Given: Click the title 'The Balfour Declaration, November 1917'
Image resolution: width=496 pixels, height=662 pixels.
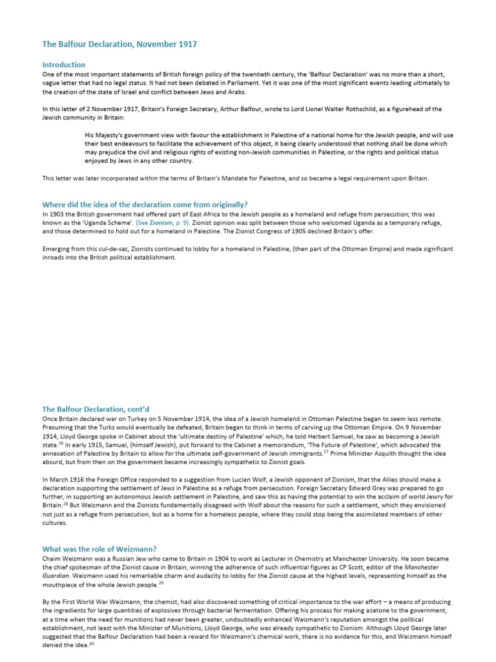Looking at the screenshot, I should point(119,44).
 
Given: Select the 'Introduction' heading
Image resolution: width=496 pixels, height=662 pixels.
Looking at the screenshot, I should point(63,65).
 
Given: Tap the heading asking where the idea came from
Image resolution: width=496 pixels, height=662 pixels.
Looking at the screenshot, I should point(145,204).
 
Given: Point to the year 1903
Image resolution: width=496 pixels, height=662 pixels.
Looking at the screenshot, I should point(58,213).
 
